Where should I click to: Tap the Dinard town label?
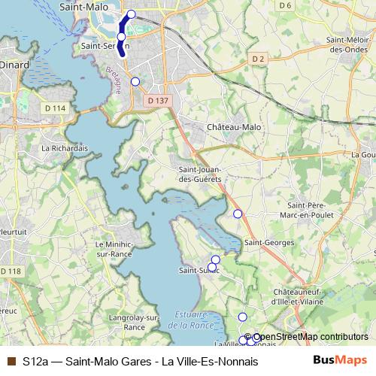pyautogui.click(x=15, y=65)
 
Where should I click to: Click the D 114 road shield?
pyautogui.click(x=55, y=109)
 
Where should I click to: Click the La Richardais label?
pyautogui.click(x=65, y=148)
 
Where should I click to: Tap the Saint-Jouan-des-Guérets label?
pyautogui.click(x=199, y=174)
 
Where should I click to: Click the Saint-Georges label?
pyautogui.click(x=269, y=243)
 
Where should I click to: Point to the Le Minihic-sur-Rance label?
pyautogui.click(x=114, y=249)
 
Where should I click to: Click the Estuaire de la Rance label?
pyautogui.click(x=187, y=320)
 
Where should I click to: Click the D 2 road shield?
pyautogui.click(x=259, y=58)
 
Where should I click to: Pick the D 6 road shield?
pyautogui.click(x=284, y=6)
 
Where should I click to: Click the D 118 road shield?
pyautogui.click(x=11, y=271)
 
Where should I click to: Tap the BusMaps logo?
pyautogui.click(x=340, y=360)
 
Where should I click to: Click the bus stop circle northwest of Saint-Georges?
pyautogui.click(x=238, y=214)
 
